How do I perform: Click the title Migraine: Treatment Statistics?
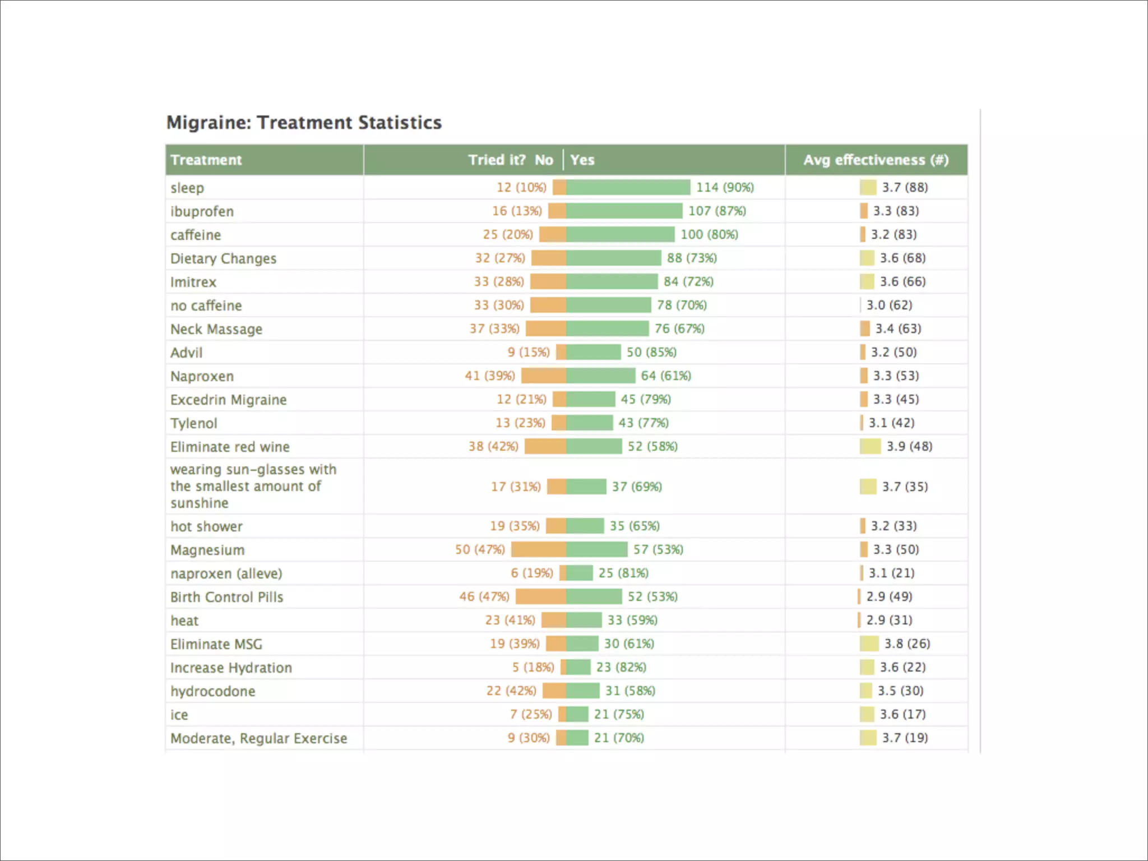(x=304, y=122)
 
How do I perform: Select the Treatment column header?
(x=206, y=160)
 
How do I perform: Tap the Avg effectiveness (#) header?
(x=876, y=160)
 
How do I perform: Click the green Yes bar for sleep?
(x=628, y=187)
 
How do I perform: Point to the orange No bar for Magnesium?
(x=538, y=549)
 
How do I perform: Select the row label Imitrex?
(x=193, y=282)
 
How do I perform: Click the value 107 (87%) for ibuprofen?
(x=717, y=211)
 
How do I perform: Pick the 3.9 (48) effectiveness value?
(x=909, y=446)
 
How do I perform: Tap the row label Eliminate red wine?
(x=230, y=447)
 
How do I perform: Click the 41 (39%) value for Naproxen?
(x=489, y=376)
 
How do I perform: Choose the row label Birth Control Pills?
(x=226, y=597)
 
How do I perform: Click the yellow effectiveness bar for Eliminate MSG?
(x=869, y=644)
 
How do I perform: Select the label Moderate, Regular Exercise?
(x=258, y=738)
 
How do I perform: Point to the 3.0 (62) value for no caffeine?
(x=889, y=305)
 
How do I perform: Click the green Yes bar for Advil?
(x=593, y=352)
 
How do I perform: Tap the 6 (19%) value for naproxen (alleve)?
(x=531, y=573)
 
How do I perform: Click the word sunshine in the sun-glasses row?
(x=200, y=503)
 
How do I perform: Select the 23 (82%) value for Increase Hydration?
(x=621, y=667)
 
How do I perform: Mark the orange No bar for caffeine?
(x=552, y=234)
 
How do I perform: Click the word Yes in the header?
(x=582, y=160)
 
